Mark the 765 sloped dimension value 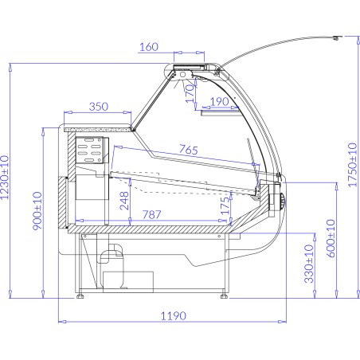[189, 151]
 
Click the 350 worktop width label [99, 107]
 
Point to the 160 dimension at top [149, 46]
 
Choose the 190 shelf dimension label [221, 101]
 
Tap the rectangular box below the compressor [128, 280]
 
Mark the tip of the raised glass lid [338, 35]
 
